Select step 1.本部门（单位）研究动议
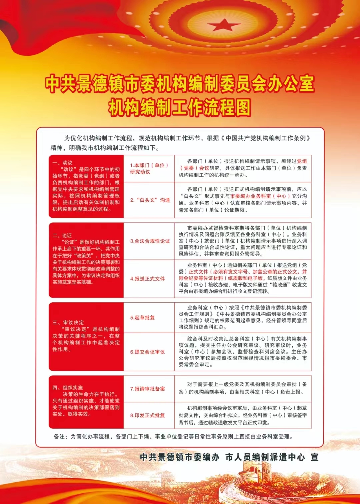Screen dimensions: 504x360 [x=149, y=168]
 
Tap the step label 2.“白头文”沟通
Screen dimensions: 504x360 [x=150, y=200]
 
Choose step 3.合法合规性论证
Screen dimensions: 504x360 [x=150, y=241]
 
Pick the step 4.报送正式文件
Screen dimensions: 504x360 [x=147, y=279]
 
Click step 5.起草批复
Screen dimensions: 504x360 [x=142, y=318]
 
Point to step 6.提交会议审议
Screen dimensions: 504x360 [x=147, y=352]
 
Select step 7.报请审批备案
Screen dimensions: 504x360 [x=147, y=389]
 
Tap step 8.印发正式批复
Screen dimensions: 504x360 [x=147, y=415]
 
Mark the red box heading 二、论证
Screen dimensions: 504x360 [x=62, y=235]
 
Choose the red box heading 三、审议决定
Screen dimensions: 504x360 [x=68, y=323]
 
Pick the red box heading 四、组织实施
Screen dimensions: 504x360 [x=68, y=388]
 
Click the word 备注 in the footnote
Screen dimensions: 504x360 [x=60, y=436]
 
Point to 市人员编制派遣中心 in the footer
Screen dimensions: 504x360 [x=265, y=457]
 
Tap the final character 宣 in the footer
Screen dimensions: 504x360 [x=314, y=457]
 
